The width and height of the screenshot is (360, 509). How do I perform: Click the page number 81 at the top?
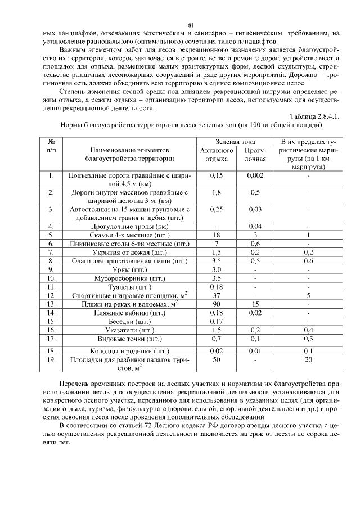(191, 25)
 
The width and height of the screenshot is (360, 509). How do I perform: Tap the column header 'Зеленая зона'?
(235, 142)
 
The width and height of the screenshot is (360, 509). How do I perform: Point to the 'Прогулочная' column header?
(254, 155)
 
